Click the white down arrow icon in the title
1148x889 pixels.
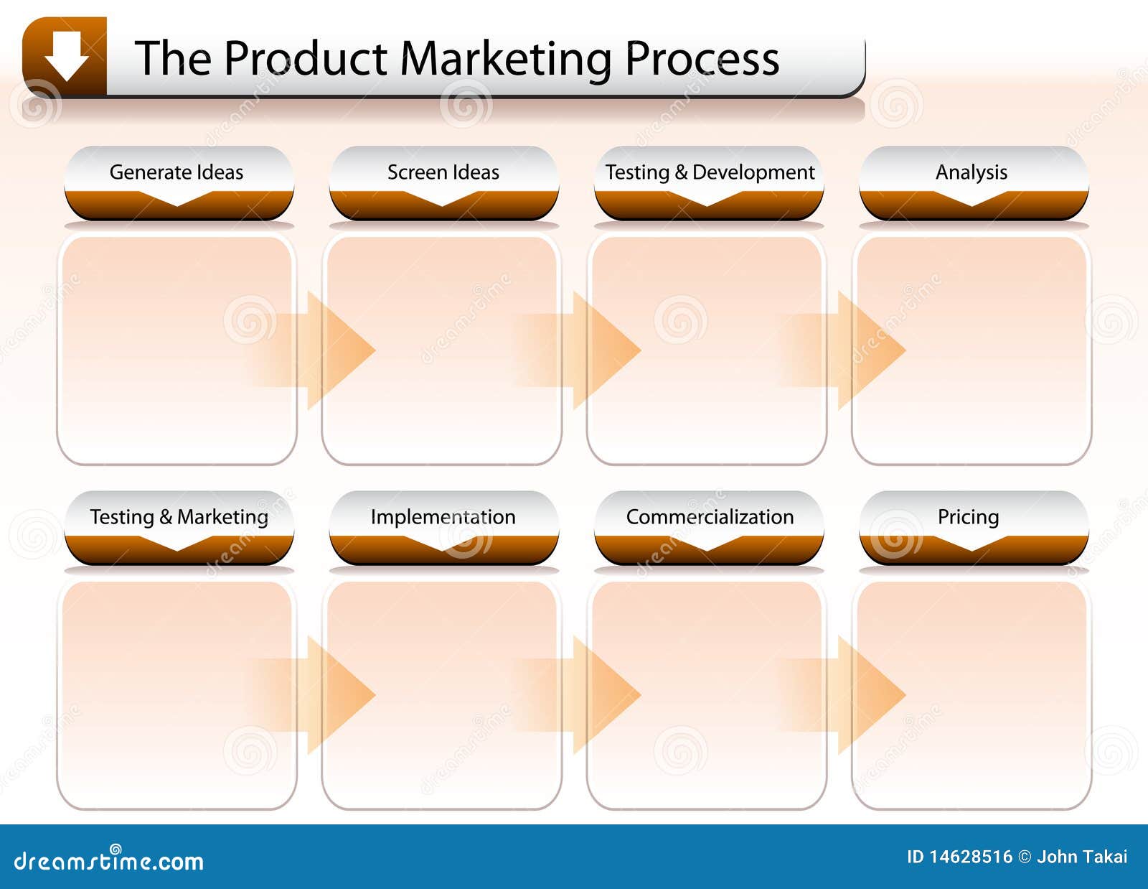pos(66,56)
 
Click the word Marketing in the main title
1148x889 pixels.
pos(505,59)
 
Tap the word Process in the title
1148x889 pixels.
pos(702,59)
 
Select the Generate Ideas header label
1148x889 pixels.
pos(177,172)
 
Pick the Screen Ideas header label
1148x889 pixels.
pos(443,172)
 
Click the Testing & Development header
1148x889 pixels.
pos(710,172)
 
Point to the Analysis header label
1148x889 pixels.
pos(971,172)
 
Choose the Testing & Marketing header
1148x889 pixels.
pos(179,517)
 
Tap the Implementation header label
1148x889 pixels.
pos(443,517)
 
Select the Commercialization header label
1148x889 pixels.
pos(710,517)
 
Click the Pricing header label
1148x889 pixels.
pos(969,517)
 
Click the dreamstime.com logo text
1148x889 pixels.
pos(109,860)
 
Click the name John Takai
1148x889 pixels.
pos(1082,857)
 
